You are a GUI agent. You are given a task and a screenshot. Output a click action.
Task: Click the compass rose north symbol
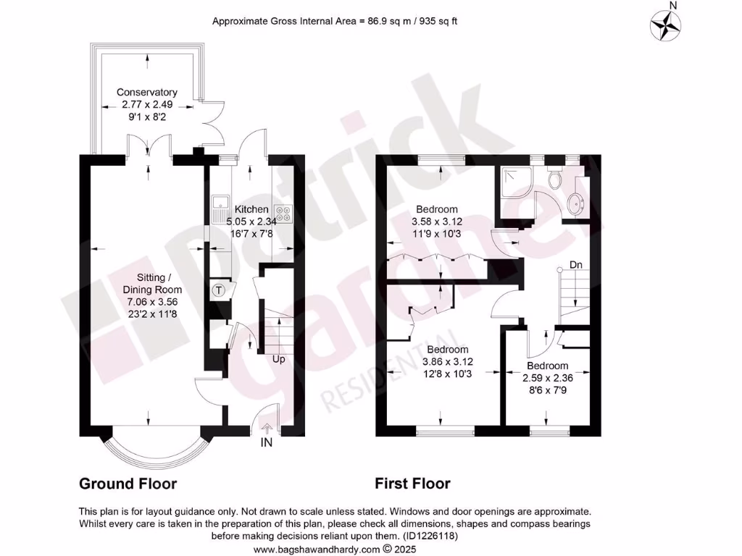[666, 25]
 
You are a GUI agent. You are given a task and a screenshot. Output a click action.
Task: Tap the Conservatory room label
[147, 93]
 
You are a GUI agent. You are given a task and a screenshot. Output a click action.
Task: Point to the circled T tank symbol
[219, 290]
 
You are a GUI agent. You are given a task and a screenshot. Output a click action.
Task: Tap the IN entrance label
[267, 442]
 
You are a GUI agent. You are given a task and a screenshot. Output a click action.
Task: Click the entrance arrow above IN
[267, 429]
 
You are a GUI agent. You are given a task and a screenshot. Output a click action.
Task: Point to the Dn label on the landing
[576, 265]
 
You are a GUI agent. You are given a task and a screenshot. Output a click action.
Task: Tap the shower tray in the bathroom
[515, 182]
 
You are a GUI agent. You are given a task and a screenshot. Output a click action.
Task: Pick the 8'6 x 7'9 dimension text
[547, 389]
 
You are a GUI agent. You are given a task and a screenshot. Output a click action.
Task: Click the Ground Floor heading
[128, 484]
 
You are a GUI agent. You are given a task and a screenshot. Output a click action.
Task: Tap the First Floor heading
[412, 484]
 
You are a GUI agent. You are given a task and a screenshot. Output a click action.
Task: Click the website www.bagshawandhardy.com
[318, 549]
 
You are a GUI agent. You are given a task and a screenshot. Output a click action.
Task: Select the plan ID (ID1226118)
[428, 536]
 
